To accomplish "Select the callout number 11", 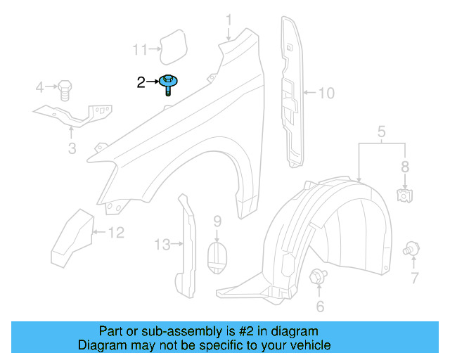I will pos(140,49).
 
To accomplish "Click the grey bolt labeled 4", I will pos(64,89).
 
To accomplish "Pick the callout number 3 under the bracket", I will pos(72,148).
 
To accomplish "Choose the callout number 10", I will pos(327,92).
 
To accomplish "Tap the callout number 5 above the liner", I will pos(382,131).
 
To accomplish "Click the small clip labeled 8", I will pos(404,195).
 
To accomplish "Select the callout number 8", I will pos(404,167).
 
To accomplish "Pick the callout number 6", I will pos(320,306).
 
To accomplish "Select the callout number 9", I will pos(217,221).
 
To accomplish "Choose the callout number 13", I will pos(162,244).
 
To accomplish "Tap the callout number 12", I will pos(117,232).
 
